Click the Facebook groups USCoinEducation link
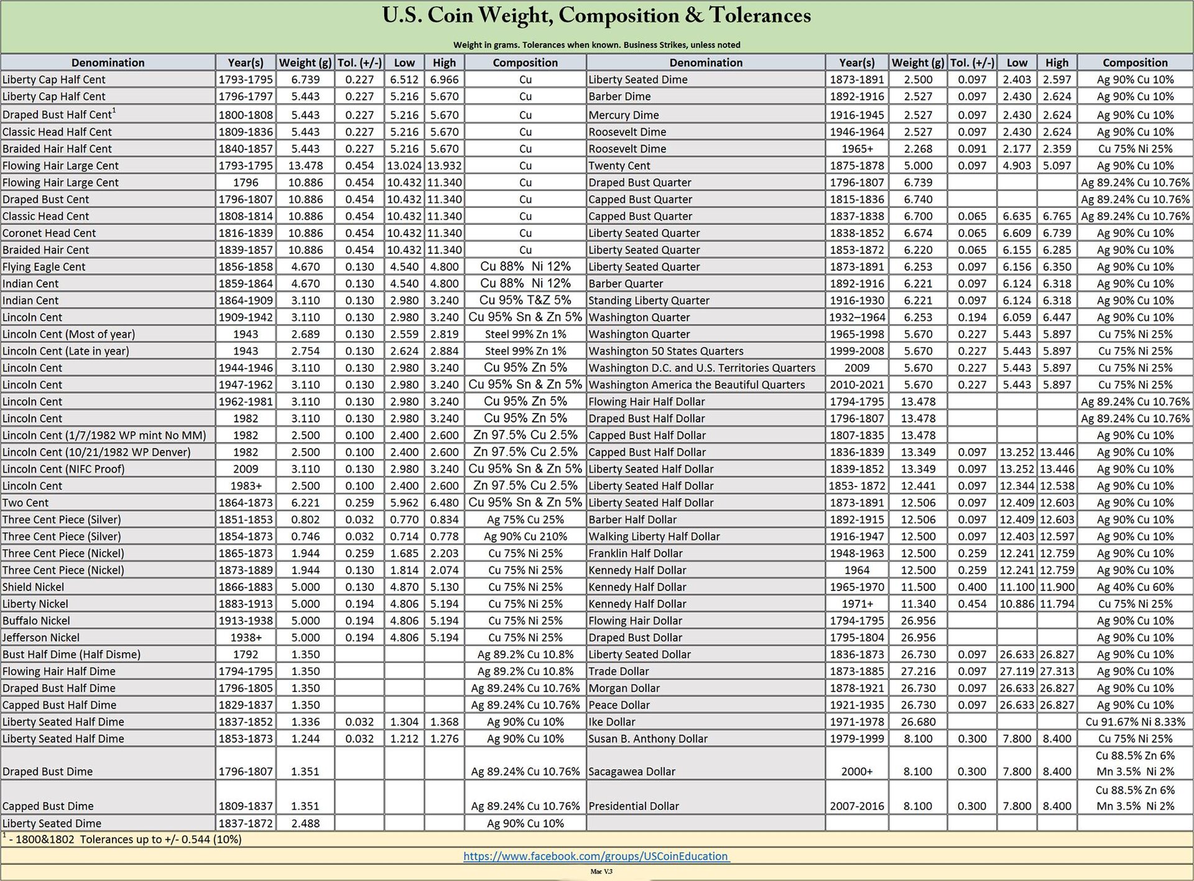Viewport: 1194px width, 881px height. (x=596, y=856)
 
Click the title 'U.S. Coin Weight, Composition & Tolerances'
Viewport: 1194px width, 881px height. (x=596, y=16)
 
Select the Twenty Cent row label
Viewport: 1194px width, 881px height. (x=619, y=165)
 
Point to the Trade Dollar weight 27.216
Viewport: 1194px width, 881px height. (x=917, y=671)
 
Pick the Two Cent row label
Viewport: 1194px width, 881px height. (x=25, y=503)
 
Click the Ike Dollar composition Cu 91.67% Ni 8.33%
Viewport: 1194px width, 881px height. (x=1135, y=722)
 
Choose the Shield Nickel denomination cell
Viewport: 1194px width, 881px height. (x=34, y=587)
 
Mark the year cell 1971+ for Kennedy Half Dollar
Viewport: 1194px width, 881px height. (x=856, y=604)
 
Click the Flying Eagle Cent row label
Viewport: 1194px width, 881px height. (x=44, y=267)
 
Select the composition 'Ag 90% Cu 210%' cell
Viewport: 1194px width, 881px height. (x=525, y=536)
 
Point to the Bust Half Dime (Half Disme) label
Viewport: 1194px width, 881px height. (x=72, y=655)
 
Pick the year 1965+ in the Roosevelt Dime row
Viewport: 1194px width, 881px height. (x=856, y=149)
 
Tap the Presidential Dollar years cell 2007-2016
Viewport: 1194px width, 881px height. (x=856, y=806)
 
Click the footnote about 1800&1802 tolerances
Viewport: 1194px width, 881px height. (x=124, y=839)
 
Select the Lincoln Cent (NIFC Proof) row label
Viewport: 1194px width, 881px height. (x=63, y=469)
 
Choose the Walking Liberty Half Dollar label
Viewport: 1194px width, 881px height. (x=654, y=536)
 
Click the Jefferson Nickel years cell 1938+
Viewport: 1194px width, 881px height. (x=246, y=638)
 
